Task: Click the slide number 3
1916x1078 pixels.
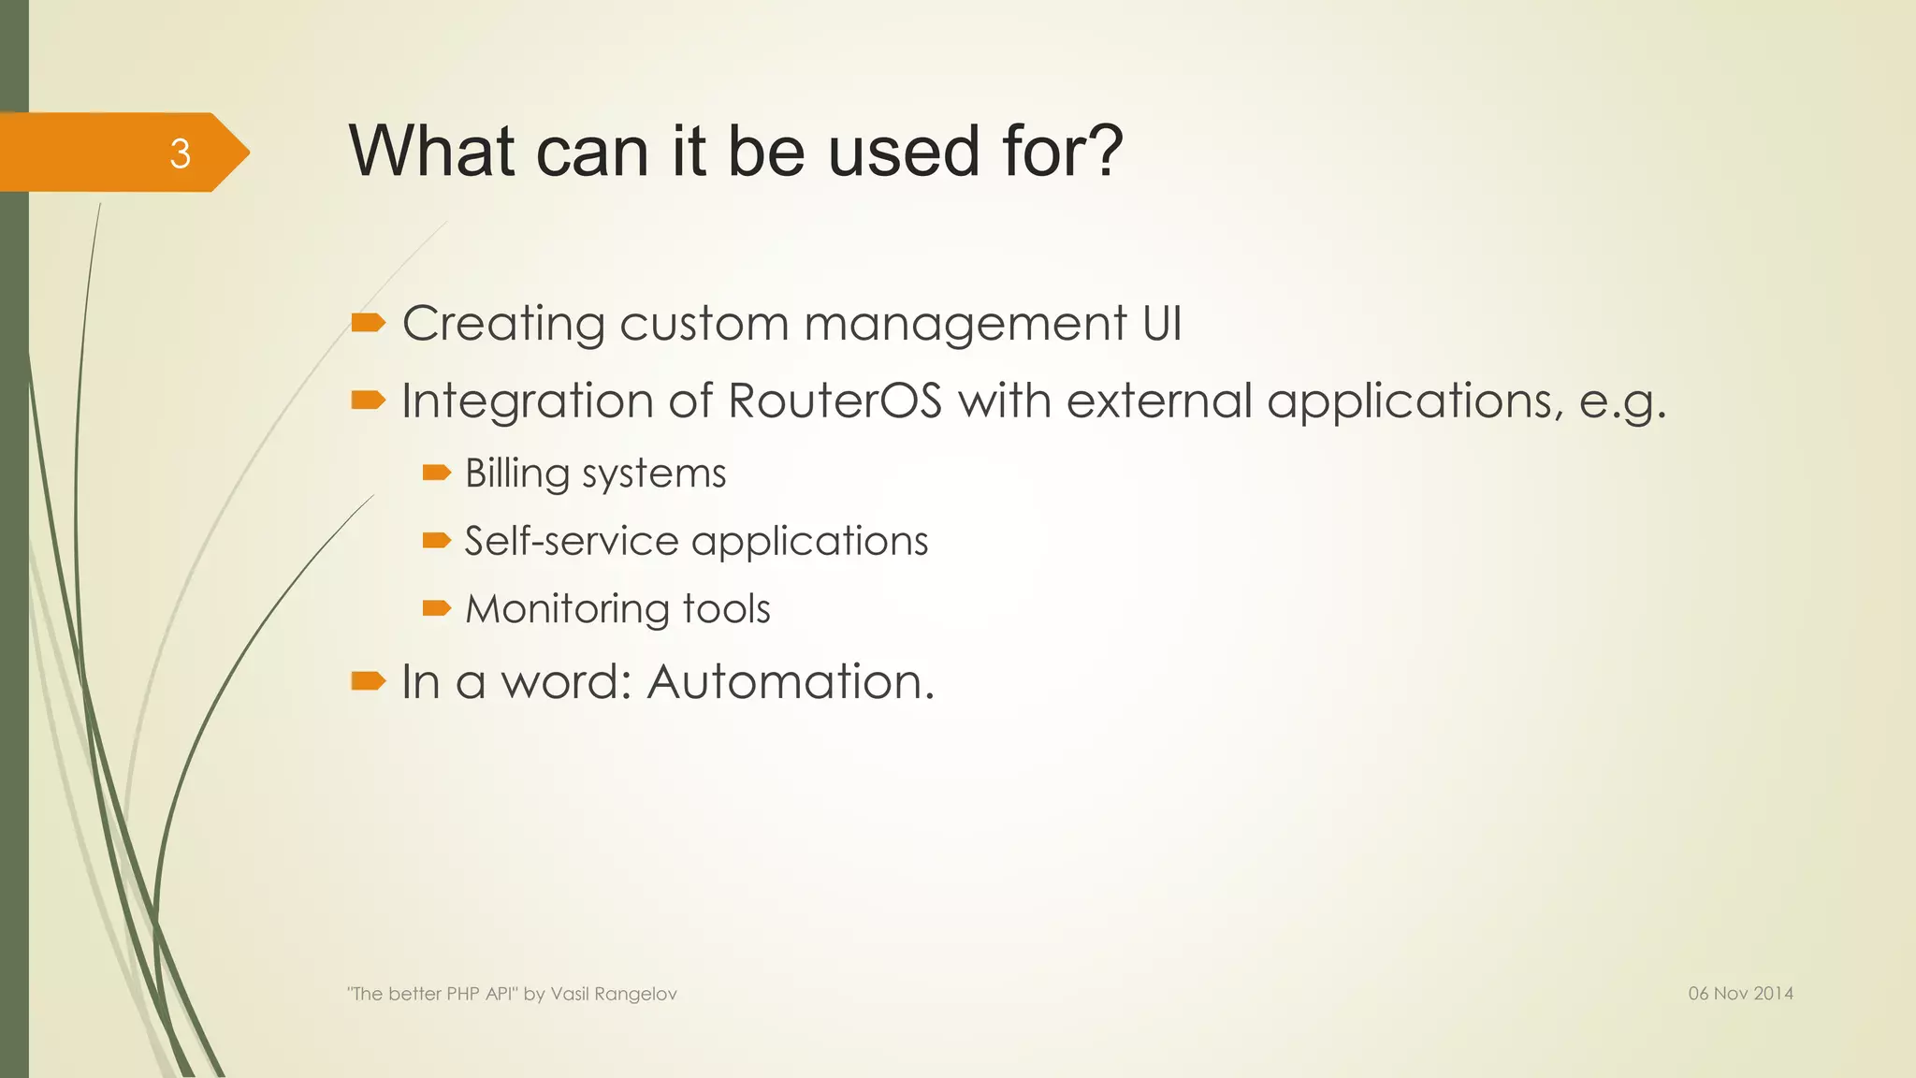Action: (x=180, y=153)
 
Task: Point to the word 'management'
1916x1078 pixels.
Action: (x=965, y=325)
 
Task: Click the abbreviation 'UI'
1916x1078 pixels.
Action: (x=1162, y=323)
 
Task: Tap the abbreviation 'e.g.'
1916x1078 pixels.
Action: (x=1622, y=401)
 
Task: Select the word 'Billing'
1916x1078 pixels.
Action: (x=516, y=473)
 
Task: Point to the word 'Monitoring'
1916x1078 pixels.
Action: (x=566, y=609)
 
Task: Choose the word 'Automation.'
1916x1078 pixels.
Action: (x=791, y=681)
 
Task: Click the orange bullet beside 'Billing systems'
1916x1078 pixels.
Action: (x=436, y=473)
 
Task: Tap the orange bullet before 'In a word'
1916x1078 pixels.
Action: (x=368, y=680)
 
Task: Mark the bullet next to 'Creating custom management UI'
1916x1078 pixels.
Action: (x=368, y=324)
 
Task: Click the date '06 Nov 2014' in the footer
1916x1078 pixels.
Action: (x=1740, y=994)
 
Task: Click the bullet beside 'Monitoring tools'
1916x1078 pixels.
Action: (x=436, y=609)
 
